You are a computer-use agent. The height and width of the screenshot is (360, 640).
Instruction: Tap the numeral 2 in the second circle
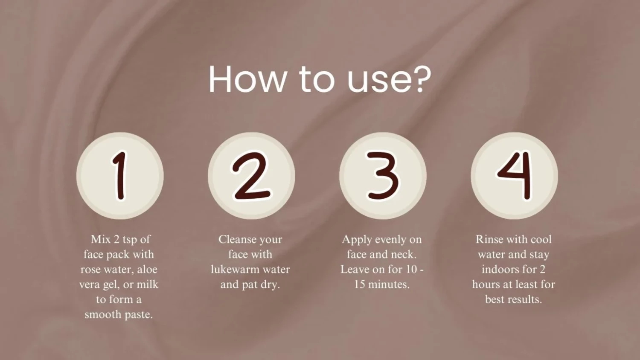[251, 175]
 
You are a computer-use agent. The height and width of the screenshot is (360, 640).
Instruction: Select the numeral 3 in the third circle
[383, 175]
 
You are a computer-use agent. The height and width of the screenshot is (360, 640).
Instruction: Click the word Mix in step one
[101, 239]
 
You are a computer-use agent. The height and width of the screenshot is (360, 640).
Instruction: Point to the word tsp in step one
[130, 241]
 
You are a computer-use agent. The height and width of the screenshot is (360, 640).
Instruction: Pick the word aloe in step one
[147, 270]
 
